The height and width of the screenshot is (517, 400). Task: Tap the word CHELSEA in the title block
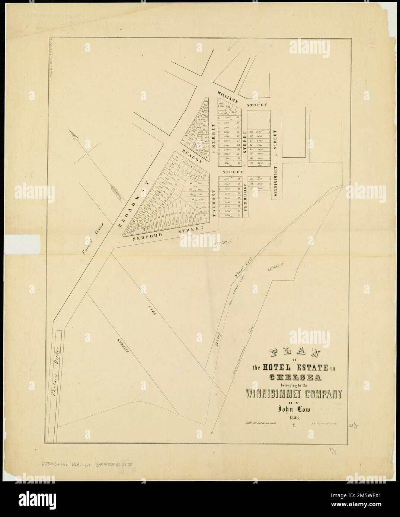pyautogui.click(x=295, y=378)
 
